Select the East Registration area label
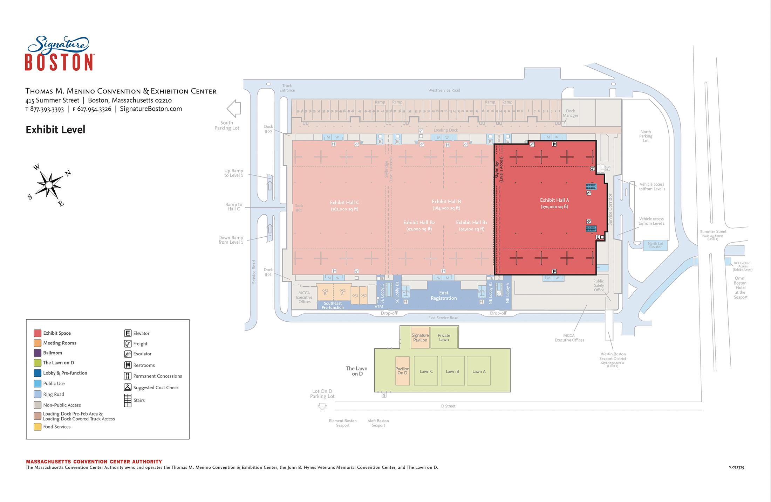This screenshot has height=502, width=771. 443,295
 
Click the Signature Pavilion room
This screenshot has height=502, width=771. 420,337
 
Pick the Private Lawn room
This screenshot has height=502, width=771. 444,337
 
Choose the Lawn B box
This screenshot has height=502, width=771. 452,371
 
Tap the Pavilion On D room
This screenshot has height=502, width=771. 402,371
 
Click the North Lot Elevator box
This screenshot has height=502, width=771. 655,245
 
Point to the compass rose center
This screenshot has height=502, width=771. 49,185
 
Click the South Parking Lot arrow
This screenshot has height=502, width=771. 234,109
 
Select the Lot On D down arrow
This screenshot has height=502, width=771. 322,406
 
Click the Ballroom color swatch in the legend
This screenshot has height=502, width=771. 37,353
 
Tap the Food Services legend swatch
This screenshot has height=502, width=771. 37,427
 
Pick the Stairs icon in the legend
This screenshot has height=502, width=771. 128,400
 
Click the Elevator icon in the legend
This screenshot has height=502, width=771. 128,333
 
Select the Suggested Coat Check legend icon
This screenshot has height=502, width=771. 128,387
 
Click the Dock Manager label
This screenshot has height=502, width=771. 570,113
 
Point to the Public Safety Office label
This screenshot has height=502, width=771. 599,285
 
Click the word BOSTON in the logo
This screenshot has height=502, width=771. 59,62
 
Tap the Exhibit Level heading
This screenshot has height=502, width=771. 55,130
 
